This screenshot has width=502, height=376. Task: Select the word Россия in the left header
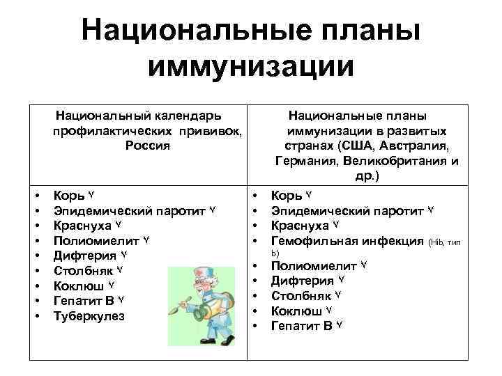coord(148,146)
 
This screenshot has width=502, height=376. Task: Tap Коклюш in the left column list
coord(79,285)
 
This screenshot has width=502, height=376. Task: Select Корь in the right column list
coord(286,195)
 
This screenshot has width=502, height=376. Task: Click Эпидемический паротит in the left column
coord(130,210)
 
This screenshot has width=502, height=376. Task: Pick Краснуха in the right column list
coord(300,226)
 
